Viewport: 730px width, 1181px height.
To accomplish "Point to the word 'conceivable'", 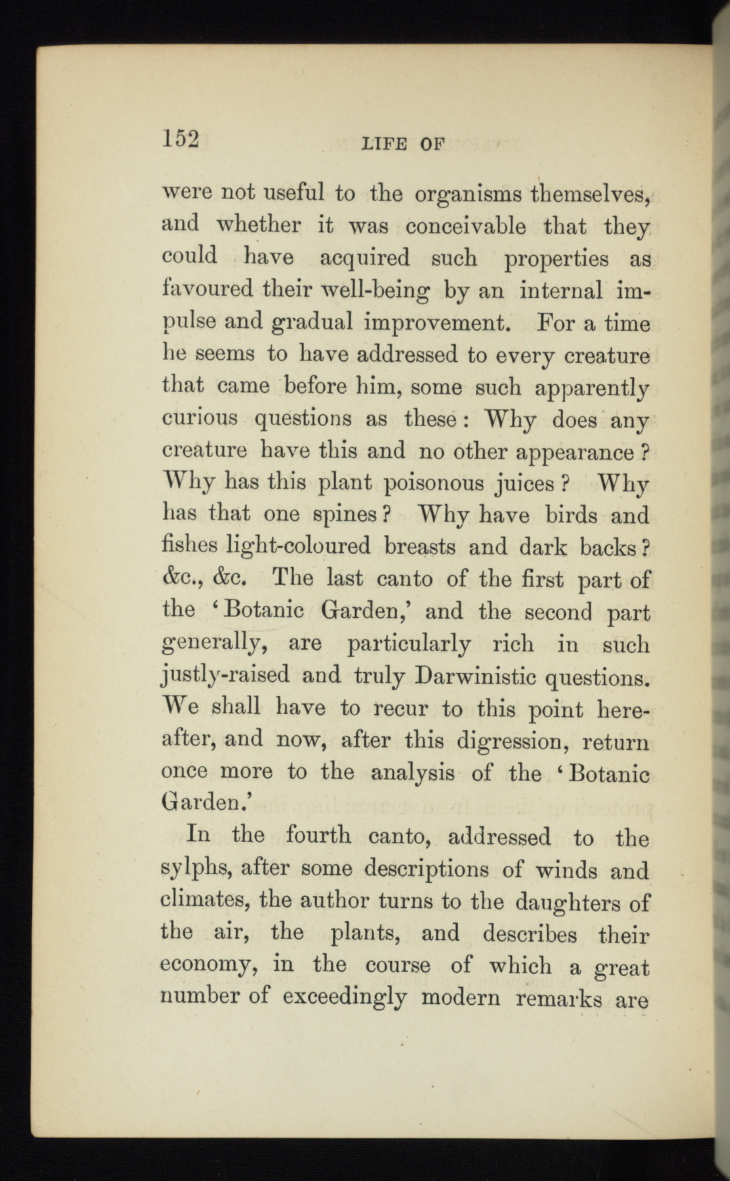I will tap(466, 226).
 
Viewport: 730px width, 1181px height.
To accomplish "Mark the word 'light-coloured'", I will tap(298, 547).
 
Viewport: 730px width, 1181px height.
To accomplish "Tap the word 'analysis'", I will tap(413, 773).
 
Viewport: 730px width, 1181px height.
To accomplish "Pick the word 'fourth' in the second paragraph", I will tap(317, 836).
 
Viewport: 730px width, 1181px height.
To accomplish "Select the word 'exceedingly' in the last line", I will tap(344, 999).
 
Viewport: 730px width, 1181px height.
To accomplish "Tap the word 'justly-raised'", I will tap(225, 676).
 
